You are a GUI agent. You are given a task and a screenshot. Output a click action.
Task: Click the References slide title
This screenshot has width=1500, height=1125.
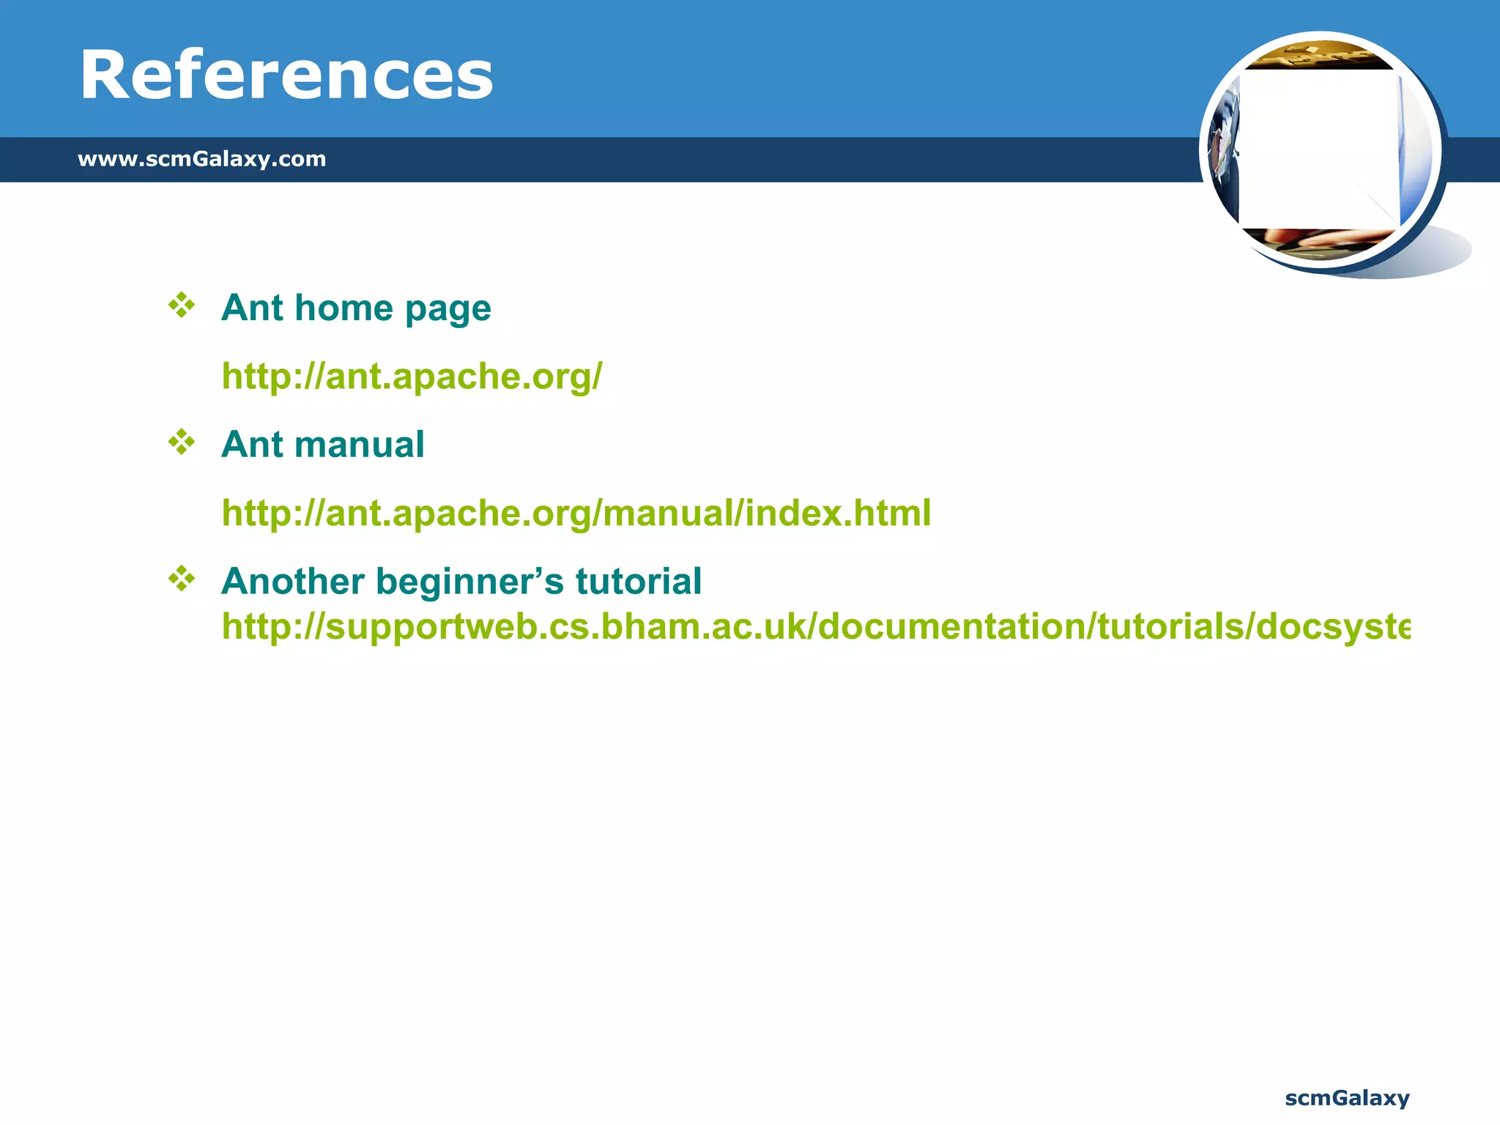(286, 75)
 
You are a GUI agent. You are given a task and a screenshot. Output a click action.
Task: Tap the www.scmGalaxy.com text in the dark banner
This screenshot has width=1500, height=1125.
(201, 158)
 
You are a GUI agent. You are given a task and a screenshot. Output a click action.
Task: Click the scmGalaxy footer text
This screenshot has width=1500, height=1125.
(1347, 1098)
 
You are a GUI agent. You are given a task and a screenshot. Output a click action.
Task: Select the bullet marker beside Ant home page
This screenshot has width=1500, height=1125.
(182, 305)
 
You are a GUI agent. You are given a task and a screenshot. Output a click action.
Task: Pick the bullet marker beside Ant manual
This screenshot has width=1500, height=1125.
(182, 442)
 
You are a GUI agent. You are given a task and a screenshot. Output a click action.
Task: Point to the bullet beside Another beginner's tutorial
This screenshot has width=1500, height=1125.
(182, 579)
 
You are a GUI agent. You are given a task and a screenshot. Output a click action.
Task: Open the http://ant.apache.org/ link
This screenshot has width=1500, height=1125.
(412, 376)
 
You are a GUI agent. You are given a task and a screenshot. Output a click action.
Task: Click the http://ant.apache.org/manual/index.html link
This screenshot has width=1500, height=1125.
(576, 513)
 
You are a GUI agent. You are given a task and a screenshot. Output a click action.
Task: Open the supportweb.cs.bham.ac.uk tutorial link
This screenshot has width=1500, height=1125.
(815, 627)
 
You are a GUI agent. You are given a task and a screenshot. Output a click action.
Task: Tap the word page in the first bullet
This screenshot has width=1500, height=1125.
(448, 309)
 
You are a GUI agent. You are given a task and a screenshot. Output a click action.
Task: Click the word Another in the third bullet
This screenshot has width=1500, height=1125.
(292, 582)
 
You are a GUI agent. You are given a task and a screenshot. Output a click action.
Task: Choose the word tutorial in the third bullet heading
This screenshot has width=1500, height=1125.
(638, 582)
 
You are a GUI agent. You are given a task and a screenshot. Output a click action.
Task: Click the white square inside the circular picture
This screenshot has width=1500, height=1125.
(1318, 149)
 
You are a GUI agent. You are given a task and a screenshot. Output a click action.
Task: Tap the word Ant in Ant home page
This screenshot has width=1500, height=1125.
(252, 308)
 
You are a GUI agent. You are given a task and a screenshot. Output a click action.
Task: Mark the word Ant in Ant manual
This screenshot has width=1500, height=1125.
(252, 445)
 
